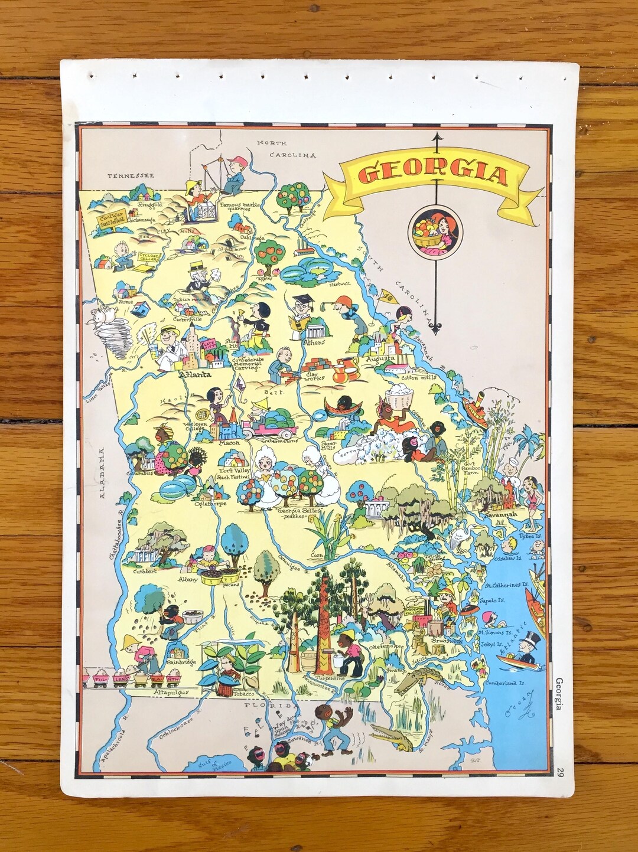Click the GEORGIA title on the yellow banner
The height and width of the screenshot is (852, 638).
433,175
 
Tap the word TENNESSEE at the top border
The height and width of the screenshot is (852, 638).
131,175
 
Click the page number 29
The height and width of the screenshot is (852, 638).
560,771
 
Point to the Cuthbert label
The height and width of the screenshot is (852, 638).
144,571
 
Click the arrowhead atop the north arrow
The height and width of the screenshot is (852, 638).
436,137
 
